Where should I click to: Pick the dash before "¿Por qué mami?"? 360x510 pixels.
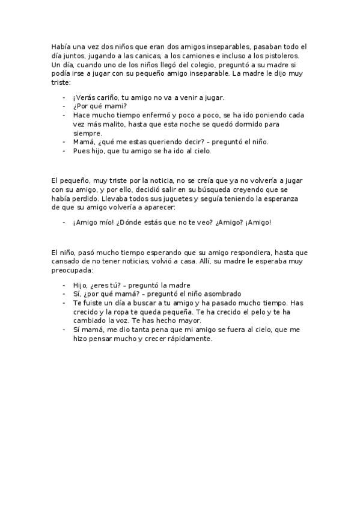click(64, 106)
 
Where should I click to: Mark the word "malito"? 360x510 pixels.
click(108, 124)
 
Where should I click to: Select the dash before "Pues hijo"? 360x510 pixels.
click(64, 151)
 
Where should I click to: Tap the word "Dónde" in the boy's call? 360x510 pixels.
click(128, 222)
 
